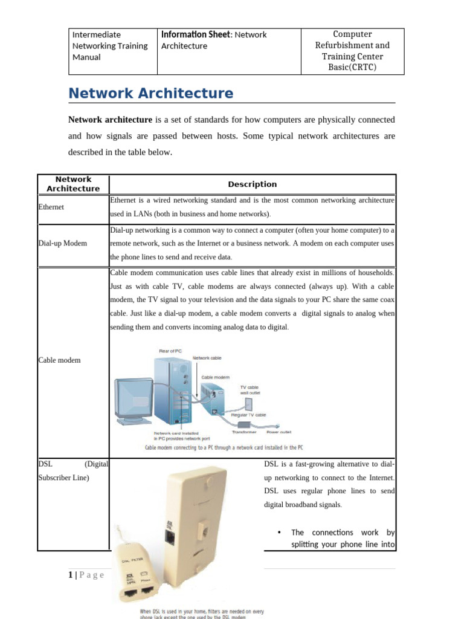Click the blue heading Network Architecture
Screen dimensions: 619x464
coord(150,93)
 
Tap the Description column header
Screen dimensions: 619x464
coord(252,184)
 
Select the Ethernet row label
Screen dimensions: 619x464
coord(51,207)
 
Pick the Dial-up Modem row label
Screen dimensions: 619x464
coord(62,243)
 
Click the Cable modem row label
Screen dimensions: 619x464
coord(59,360)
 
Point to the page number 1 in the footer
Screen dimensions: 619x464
coord(71,574)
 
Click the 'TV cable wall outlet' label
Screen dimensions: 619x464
coord(253,390)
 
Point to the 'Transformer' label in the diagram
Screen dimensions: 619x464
coord(245,432)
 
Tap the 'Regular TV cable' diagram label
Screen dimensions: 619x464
coord(249,415)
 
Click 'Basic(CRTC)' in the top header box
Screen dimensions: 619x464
coord(352,67)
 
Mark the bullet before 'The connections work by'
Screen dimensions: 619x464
coord(279,533)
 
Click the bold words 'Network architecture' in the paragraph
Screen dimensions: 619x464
coord(110,120)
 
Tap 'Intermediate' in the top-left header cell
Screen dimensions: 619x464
coord(97,34)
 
